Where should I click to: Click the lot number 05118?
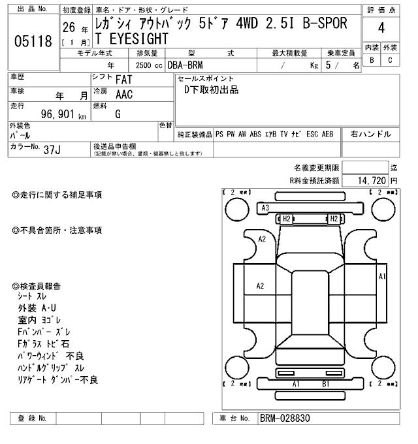(x=33, y=42)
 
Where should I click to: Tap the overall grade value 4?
(x=381, y=28)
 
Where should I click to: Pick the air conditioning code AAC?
(x=125, y=95)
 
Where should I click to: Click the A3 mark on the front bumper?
(x=265, y=208)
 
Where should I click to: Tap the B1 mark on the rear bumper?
(x=325, y=384)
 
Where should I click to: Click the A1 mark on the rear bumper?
(x=296, y=384)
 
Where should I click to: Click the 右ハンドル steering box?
(x=370, y=134)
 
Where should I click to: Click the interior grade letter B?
(x=372, y=59)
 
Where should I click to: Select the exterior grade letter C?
(x=391, y=59)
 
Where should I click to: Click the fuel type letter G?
(x=118, y=114)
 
